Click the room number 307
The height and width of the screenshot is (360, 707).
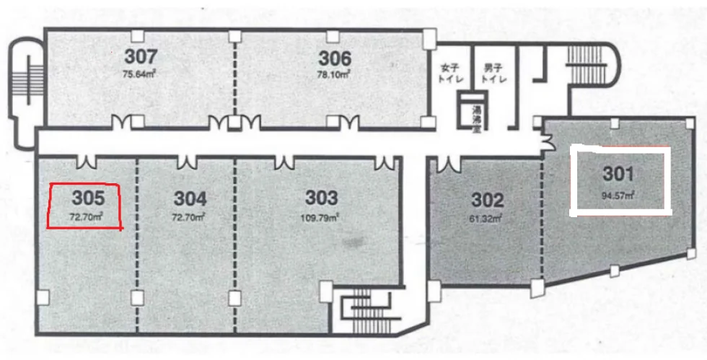(x=141, y=56)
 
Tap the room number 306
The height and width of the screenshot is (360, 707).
(x=335, y=58)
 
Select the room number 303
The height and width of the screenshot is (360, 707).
(x=322, y=198)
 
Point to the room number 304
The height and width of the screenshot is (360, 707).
(x=190, y=198)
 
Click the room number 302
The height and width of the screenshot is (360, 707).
(x=488, y=200)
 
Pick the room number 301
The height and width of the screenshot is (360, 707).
(x=619, y=174)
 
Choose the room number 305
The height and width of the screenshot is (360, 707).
(x=88, y=198)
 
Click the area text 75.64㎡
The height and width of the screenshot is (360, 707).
(x=139, y=74)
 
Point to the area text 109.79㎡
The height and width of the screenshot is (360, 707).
(x=320, y=218)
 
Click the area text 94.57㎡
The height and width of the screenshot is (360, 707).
(x=619, y=196)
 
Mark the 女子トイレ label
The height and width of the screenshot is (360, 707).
(x=450, y=73)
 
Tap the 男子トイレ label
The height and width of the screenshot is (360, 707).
(x=493, y=73)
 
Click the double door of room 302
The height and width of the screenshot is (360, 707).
(x=449, y=164)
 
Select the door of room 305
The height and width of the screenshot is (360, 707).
(x=86, y=162)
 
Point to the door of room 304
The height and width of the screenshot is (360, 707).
(x=187, y=162)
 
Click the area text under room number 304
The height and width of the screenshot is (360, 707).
(x=189, y=217)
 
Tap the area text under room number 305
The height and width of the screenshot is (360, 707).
(x=86, y=217)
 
